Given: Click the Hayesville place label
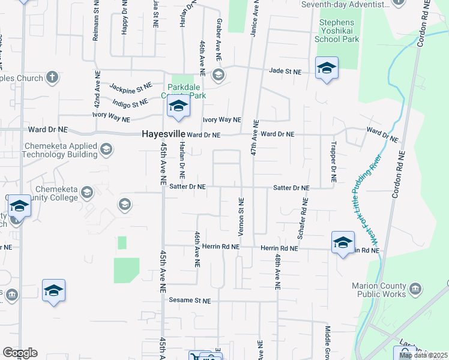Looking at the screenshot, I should pyautogui.click(x=162, y=134).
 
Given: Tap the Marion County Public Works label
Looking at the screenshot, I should pyautogui.click(x=381, y=290).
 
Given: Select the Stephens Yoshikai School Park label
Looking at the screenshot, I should pyautogui.click(x=337, y=31).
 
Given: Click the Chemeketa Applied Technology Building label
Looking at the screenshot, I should pyautogui.click(x=59, y=150).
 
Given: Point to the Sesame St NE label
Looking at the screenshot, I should pyautogui.click(x=190, y=300).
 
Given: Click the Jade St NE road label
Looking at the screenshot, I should pyautogui.click(x=285, y=71).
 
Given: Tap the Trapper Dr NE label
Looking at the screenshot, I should pyautogui.click(x=333, y=162).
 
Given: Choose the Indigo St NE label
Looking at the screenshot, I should pyautogui.click(x=130, y=103).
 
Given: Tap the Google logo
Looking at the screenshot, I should pyautogui.click(x=20, y=353).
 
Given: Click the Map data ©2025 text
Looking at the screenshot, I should pyautogui.click(x=423, y=355).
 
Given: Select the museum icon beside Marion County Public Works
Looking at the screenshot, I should pyautogui.click(x=415, y=290).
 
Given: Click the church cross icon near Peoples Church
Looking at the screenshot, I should pyautogui.click(x=52, y=77).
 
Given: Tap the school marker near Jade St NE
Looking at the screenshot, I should pyautogui.click(x=327, y=68).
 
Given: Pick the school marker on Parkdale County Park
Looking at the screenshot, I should pyautogui.click(x=178, y=107).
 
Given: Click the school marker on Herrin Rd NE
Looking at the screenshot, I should pyautogui.click(x=343, y=242).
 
